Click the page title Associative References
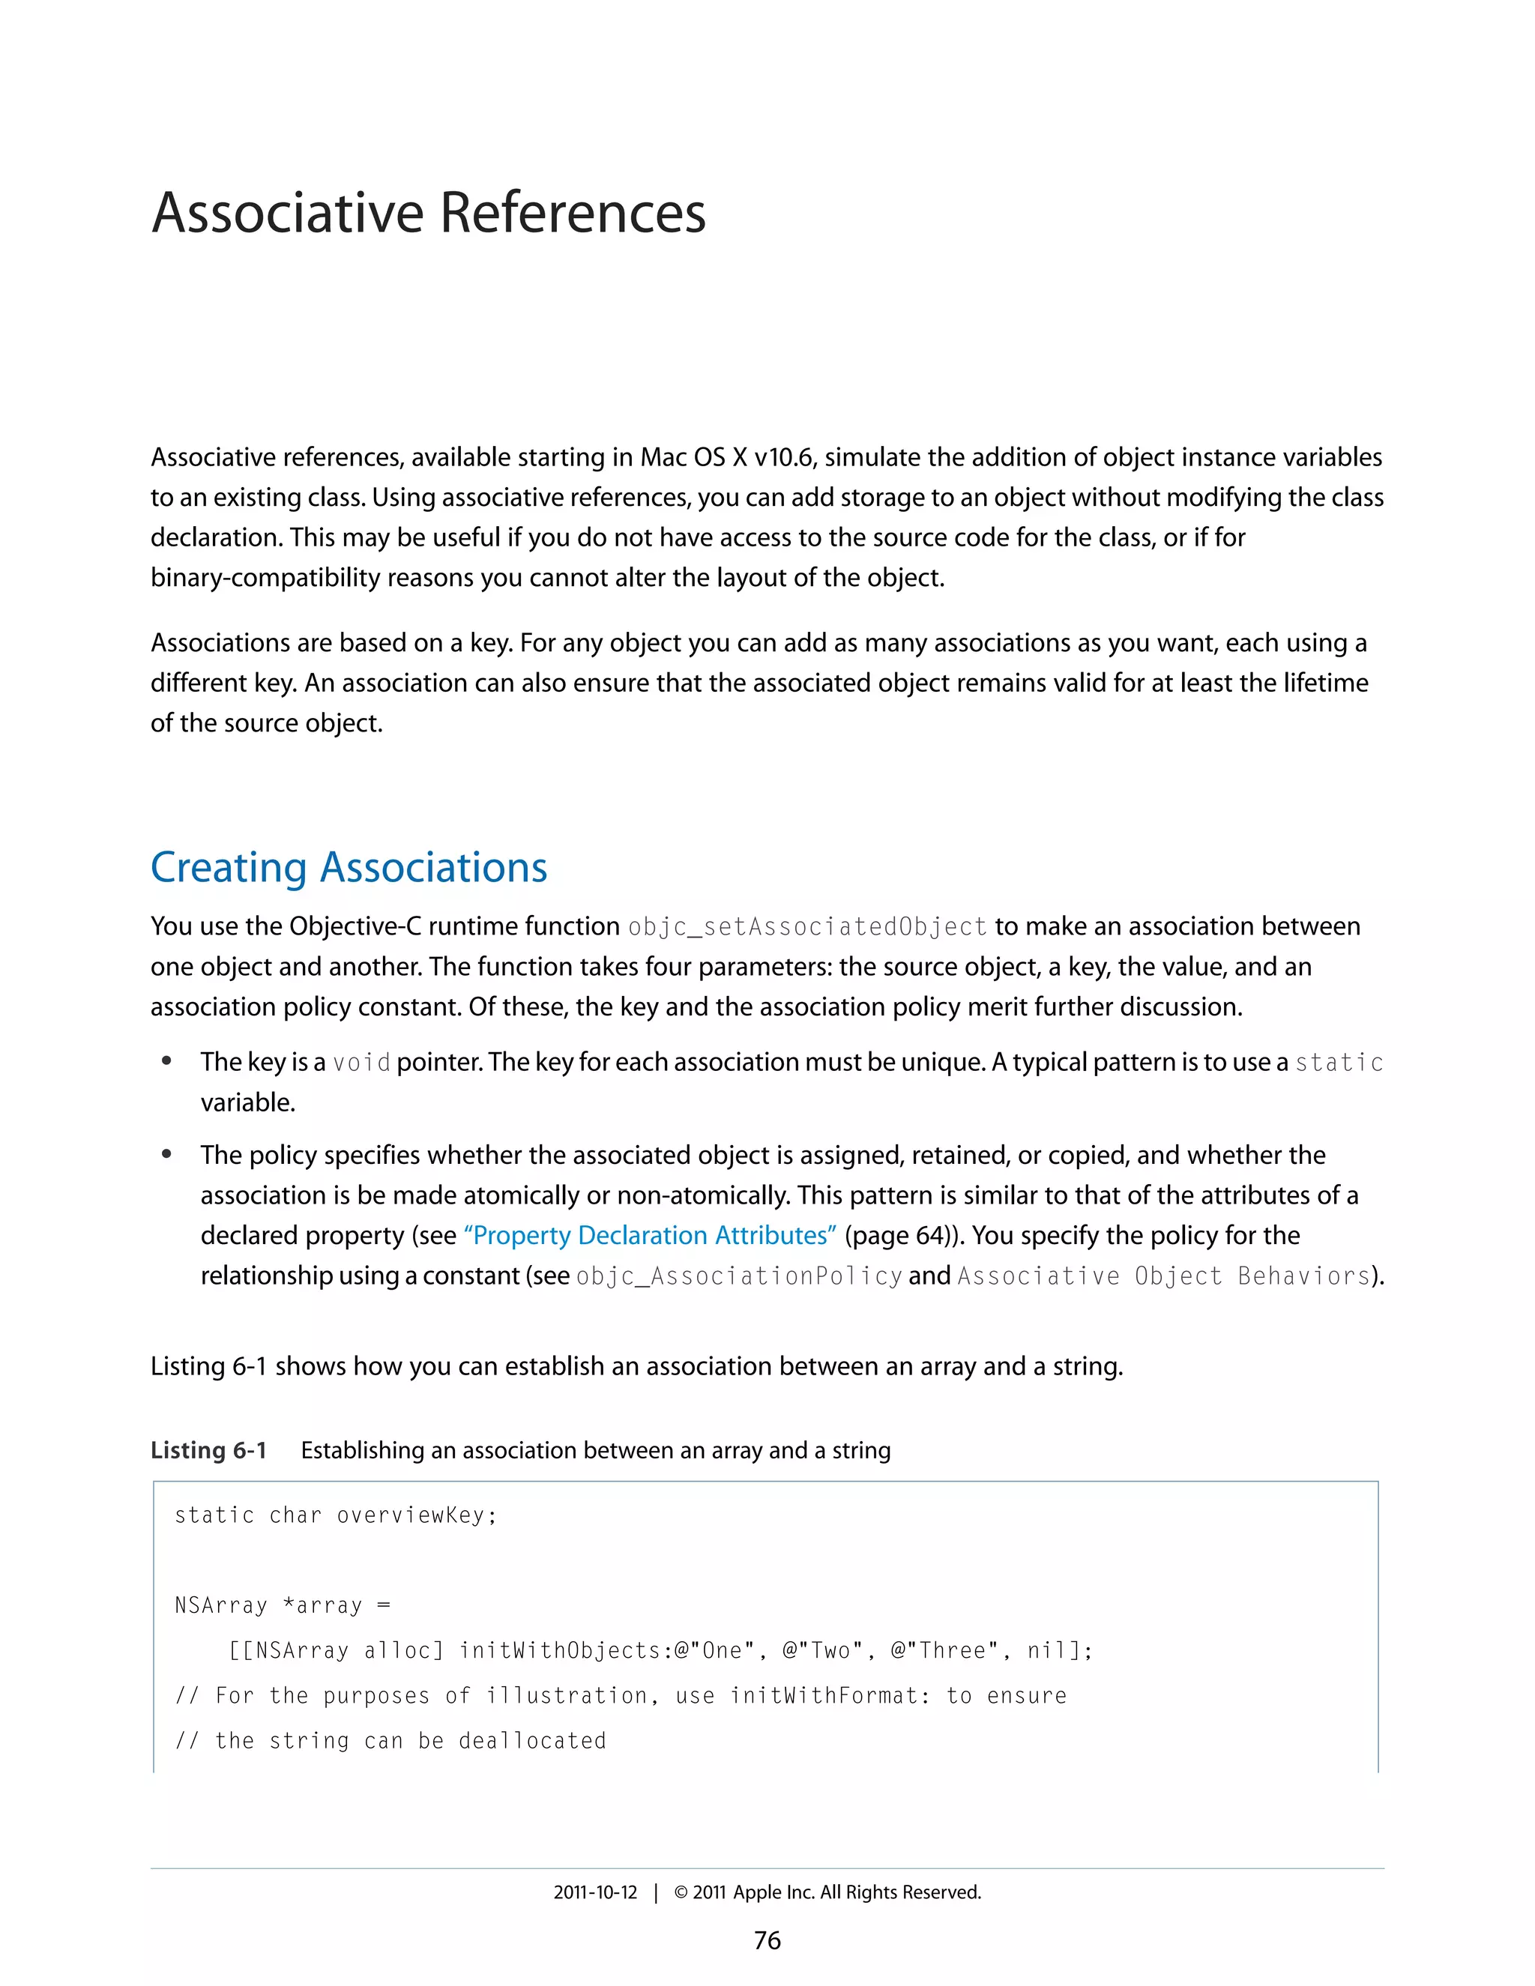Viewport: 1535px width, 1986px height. pos(428,213)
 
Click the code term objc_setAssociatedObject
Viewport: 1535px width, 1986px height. pos(807,926)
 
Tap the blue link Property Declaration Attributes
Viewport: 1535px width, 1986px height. pos(650,1235)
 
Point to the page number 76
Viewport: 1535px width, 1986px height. pos(767,1940)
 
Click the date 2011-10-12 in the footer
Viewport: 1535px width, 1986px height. pos(596,1892)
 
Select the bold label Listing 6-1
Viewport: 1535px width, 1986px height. pos(208,1449)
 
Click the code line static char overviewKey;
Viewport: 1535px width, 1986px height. pos(336,1515)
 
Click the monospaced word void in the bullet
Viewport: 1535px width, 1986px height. pos(361,1062)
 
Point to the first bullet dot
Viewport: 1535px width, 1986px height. pos(166,1061)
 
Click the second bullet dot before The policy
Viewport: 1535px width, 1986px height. pos(166,1154)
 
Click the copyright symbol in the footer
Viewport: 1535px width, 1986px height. pos(681,1892)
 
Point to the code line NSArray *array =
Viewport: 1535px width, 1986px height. pos(282,1605)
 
